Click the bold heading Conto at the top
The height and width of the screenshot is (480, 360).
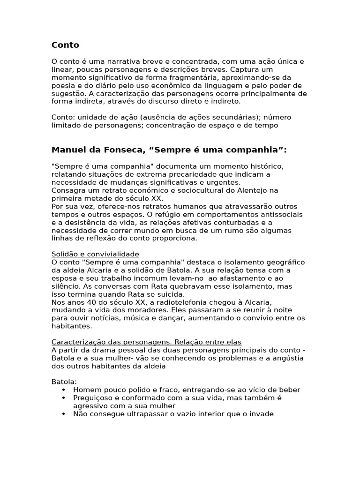(x=65, y=45)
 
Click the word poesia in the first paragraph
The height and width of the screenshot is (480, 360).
(x=63, y=85)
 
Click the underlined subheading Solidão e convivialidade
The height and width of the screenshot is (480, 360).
(x=95, y=254)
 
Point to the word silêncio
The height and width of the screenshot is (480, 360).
(x=64, y=286)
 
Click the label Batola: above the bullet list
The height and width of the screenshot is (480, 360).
(x=63, y=382)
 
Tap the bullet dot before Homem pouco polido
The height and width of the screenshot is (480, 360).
(x=63, y=390)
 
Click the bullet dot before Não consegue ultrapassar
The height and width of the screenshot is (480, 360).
(x=63, y=414)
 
